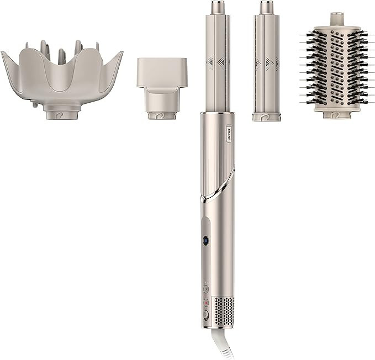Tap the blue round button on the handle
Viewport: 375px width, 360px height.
[x=205, y=240]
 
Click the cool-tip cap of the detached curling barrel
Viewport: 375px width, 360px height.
[x=266, y=8]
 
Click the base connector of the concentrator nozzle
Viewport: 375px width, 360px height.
[x=161, y=114]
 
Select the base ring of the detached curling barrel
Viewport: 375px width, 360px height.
[x=266, y=117]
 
